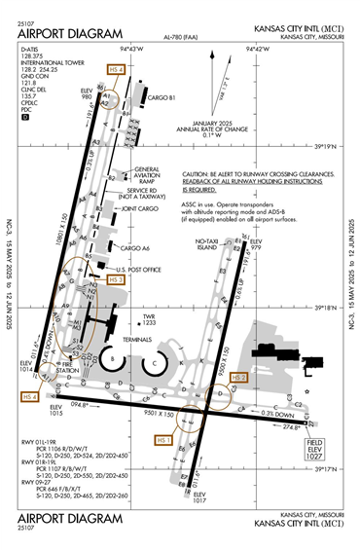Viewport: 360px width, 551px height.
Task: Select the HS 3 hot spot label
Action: (x=116, y=279)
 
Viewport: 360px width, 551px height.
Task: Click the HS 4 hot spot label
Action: (x=30, y=397)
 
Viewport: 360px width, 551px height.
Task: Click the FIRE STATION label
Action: (x=67, y=369)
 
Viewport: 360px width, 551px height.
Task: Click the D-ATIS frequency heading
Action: (x=33, y=48)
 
